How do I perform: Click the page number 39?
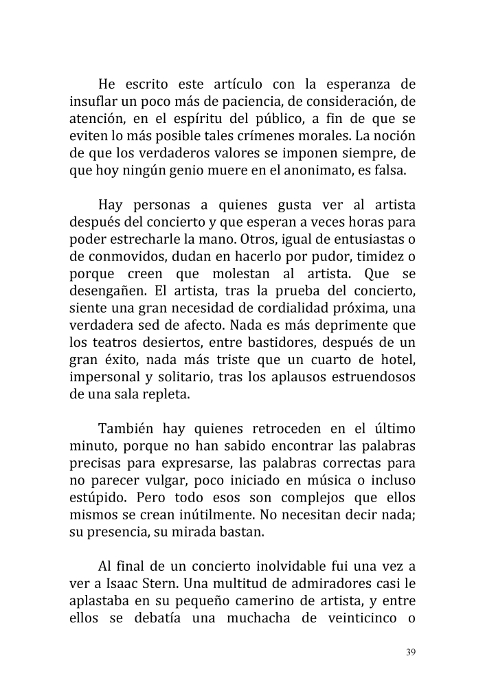411,652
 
